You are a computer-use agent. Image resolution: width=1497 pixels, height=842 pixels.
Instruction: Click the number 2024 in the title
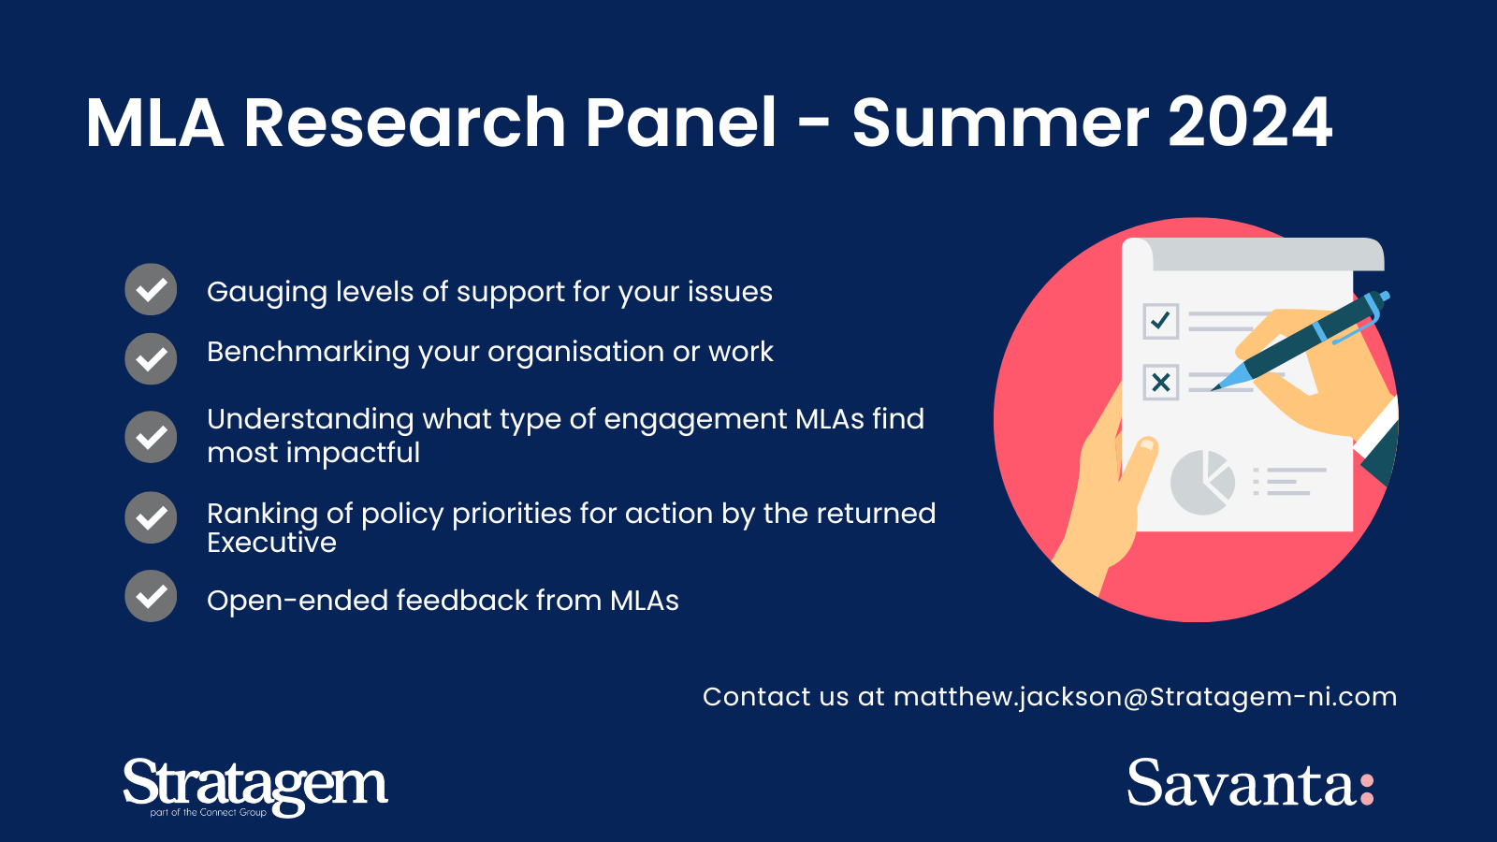(1250, 123)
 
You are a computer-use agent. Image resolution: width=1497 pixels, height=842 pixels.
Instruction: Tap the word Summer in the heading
(1000, 123)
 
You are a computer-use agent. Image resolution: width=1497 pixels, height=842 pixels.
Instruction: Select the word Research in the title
(405, 123)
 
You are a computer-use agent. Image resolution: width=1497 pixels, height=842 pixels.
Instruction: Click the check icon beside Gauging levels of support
(151, 289)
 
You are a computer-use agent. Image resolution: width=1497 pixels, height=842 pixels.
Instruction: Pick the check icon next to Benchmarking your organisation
(151, 359)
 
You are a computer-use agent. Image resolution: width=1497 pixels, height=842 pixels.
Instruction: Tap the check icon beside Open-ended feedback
(151, 596)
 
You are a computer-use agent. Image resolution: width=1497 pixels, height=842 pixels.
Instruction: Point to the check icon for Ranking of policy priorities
(151, 518)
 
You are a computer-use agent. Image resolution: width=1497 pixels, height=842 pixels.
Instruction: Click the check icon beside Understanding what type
(151, 437)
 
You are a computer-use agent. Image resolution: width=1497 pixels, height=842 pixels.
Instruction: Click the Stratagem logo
(255, 787)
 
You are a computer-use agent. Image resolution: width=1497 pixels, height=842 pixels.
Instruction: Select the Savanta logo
(1250, 782)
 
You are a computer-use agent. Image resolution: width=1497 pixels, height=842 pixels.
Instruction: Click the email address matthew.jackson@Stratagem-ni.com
(1145, 697)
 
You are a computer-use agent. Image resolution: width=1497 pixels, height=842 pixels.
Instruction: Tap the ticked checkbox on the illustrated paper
(1161, 322)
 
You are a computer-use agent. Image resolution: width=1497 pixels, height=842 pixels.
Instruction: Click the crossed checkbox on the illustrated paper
(1161, 383)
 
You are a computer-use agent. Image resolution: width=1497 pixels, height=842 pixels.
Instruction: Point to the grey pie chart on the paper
(1202, 483)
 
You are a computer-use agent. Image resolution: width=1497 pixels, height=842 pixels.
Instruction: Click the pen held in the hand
(1300, 341)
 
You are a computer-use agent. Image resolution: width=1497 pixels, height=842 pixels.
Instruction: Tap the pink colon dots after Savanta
(1367, 790)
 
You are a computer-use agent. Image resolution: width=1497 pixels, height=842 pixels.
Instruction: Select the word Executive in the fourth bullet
(271, 543)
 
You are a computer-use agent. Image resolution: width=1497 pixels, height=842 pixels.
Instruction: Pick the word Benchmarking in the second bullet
(308, 352)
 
